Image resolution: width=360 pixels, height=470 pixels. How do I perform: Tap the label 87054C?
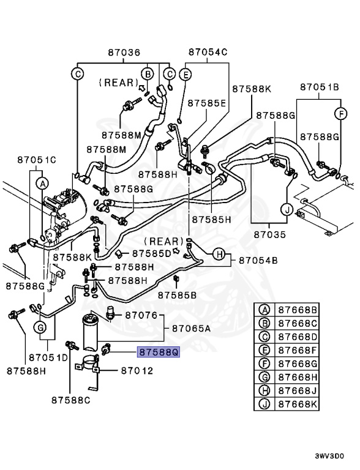click(x=208, y=53)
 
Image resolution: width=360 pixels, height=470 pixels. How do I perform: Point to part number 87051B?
click(x=319, y=88)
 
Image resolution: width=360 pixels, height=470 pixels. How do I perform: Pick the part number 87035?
click(x=271, y=234)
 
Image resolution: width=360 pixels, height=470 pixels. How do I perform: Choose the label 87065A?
click(x=191, y=329)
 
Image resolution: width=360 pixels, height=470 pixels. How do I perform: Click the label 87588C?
click(x=70, y=401)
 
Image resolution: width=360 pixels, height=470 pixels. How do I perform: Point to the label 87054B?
click(x=258, y=261)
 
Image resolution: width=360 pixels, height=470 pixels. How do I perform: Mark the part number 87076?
click(x=141, y=315)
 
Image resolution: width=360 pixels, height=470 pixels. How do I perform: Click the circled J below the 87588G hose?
click(x=286, y=209)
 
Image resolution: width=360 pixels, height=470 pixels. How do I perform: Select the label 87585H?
click(x=211, y=218)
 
